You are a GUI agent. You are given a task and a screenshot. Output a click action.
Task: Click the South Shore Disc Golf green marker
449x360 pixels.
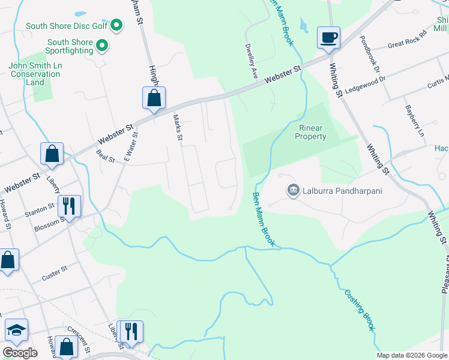click(117, 26)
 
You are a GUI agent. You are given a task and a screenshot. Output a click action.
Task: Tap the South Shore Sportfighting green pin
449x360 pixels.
click(102, 46)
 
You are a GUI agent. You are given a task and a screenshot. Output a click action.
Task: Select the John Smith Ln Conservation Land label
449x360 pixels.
click(35, 74)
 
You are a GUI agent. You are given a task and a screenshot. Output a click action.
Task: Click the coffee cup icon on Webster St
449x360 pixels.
click(328, 38)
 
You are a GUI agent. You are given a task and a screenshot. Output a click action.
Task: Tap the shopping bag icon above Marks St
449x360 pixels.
click(154, 98)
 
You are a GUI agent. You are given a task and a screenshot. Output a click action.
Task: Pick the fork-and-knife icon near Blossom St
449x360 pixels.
click(69, 206)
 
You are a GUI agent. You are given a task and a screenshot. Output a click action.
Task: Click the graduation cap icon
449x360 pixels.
click(17, 331)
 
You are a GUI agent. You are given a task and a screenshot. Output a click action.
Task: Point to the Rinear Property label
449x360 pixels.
click(310, 132)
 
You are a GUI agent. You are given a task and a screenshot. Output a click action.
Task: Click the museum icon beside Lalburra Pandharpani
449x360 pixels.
click(293, 191)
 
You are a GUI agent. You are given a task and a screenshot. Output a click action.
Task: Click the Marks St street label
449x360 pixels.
click(178, 127)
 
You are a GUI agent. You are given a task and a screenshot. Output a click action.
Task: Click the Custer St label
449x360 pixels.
click(55, 274)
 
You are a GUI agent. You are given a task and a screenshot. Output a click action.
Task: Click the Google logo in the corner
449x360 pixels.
click(20, 352)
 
